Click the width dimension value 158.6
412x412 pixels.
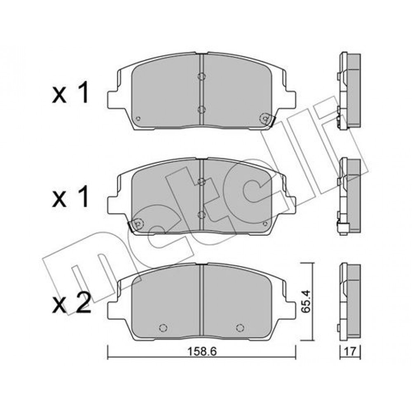click(x=202, y=351)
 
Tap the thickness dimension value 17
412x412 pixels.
click(x=350, y=351)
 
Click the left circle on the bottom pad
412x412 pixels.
click(x=163, y=328)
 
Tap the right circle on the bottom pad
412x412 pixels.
click(x=240, y=328)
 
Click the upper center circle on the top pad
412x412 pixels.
click(x=201, y=76)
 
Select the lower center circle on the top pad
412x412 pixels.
click(x=201, y=110)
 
